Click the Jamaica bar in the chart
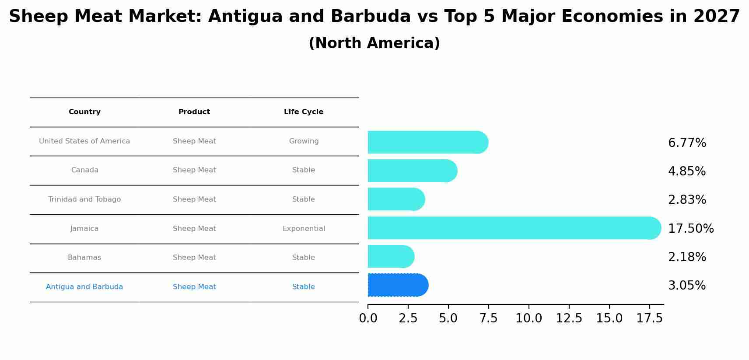[x=514, y=228]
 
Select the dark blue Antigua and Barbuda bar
[x=397, y=285]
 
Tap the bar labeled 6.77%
[x=427, y=142]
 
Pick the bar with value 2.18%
[x=390, y=256]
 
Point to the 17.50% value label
[x=690, y=229]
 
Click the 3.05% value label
[x=686, y=286]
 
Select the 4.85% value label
[x=686, y=171]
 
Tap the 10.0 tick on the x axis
[x=528, y=318]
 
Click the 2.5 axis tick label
[x=408, y=318]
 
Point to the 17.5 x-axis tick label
[x=649, y=318]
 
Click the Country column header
[x=84, y=112]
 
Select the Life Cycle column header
[x=304, y=112]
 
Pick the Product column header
[x=194, y=112]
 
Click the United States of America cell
[x=84, y=141]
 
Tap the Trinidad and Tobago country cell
[x=84, y=199]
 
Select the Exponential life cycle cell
[x=304, y=229]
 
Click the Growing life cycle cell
[x=304, y=141]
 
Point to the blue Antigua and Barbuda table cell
[x=84, y=287]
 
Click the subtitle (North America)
[x=374, y=43]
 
